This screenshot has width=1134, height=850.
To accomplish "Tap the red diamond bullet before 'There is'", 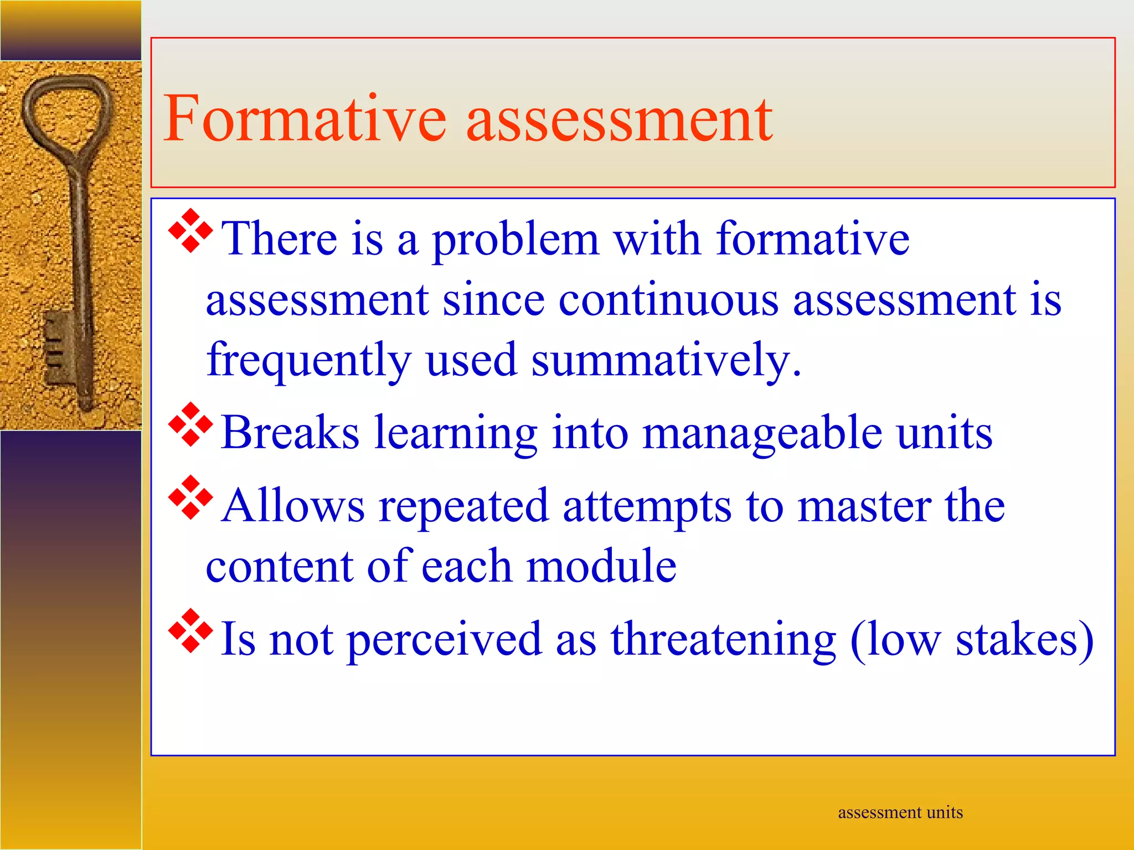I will (190, 231).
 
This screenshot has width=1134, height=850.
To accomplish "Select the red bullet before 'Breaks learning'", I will (190, 424).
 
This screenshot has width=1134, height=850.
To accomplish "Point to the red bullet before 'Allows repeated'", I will (190, 497).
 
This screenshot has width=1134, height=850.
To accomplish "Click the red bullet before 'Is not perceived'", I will (190, 630).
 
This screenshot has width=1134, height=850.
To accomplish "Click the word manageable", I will (762, 433).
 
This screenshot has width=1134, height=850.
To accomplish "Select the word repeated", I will (463, 507).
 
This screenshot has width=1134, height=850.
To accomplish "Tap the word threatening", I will (723, 640).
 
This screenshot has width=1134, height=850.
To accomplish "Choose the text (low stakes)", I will (972, 640).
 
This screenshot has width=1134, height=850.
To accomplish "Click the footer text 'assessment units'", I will (900, 812).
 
